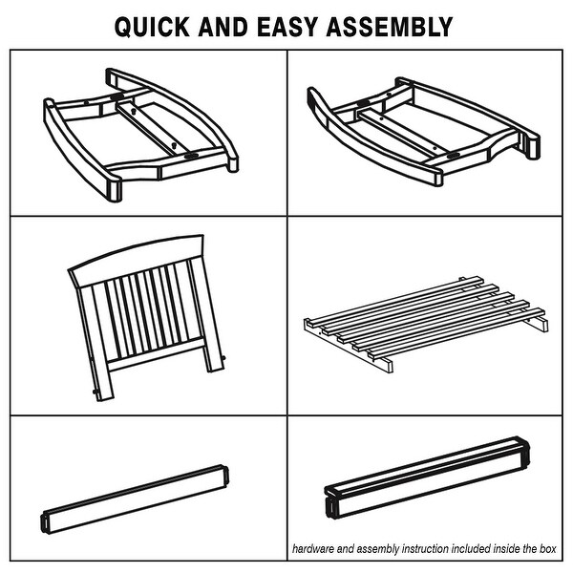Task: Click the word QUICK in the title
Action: click(152, 27)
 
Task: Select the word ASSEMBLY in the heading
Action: click(390, 27)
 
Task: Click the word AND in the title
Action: click(223, 27)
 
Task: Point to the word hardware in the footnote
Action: click(313, 548)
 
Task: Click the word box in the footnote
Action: click(548, 548)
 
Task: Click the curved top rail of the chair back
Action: click(136, 257)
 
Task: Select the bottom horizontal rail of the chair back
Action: click(156, 353)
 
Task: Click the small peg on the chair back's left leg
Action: click(95, 392)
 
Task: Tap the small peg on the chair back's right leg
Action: click(223, 358)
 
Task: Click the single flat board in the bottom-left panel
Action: click(134, 499)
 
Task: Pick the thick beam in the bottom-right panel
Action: click(427, 477)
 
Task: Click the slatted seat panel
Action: click(426, 324)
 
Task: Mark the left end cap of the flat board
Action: click(44, 522)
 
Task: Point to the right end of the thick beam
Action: click(524, 452)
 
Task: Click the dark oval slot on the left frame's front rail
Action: click(192, 156)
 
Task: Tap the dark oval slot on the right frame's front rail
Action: click(454, 156)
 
